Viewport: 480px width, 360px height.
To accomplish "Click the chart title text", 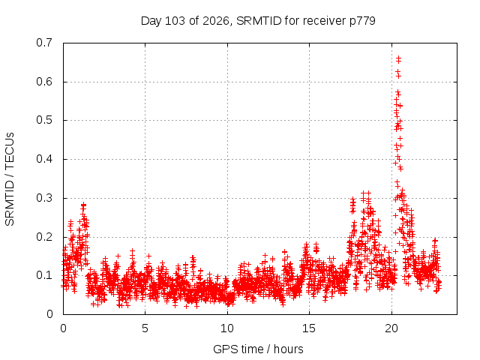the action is coord(258,21).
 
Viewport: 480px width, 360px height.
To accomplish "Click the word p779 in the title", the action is coord(362,22).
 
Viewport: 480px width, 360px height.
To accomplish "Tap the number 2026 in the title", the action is coord(216,21).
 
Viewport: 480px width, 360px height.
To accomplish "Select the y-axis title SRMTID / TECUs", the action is coord(10,179).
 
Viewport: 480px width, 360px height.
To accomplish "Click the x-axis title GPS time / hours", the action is coord(258,349).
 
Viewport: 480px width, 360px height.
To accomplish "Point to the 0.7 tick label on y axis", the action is coord(44,43).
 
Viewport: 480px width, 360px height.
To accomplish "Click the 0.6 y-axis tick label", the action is coord(44,82).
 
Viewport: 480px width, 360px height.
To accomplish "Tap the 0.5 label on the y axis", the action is coord(44,120).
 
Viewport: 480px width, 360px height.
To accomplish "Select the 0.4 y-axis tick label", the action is coord(44,159).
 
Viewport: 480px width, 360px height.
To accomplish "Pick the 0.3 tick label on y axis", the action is coord(44,198).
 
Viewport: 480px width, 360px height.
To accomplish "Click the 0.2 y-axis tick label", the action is coord(44,237).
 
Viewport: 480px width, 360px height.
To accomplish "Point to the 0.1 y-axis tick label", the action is coord(44,275).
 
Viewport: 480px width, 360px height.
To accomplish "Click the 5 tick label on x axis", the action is coord(145,328).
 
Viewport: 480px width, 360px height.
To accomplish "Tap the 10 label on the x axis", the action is coord(227,328).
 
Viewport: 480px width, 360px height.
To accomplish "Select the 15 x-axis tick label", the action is coord(309,328).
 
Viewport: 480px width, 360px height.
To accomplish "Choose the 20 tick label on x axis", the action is coord(391,328).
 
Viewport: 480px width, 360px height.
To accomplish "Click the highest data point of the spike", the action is coord(398,58).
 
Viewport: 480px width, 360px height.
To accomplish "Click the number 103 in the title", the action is coord(175,21).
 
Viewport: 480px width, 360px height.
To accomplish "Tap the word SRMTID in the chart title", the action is coord(259,21).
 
